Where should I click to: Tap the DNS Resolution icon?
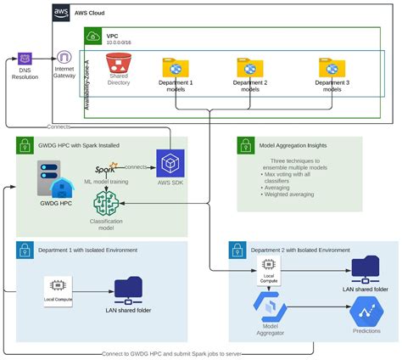pyautogui.click(x=25, y=59)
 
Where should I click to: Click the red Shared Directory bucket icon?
pyautogui.click(x=117, y=64)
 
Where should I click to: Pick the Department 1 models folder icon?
pyautogui.click(x=176, y=68)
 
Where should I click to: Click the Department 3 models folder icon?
pyautogui.click(x=332, y=68)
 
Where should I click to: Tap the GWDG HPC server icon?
pyautogui.click(x=53, y=177)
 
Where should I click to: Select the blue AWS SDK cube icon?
pyautogui.click(x=170, y=164)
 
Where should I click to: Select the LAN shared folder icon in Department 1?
pyautogui.click(x=129, y=288)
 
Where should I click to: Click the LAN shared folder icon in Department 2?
pyautogui.click(x=366, y=267)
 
